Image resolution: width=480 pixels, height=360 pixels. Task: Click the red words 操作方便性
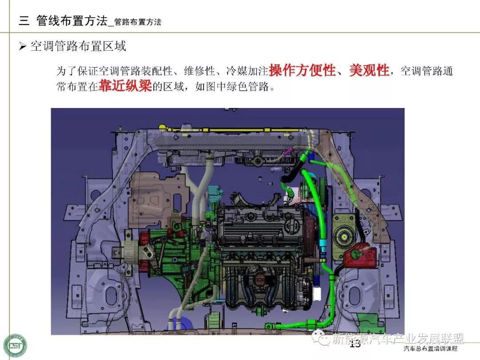(x=303, y=70)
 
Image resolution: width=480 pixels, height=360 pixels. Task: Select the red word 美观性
(x=369, y=70)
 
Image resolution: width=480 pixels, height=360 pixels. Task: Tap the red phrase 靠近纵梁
(x=125, y=86)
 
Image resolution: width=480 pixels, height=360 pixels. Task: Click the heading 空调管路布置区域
(x=78, y=46)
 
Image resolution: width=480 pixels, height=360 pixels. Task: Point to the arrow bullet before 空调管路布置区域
(x=22, y=47)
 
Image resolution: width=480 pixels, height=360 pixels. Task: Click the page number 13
(x=355, y=344)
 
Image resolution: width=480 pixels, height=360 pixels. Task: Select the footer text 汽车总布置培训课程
(x=430, y=348)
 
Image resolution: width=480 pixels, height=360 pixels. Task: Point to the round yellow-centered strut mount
(x=344, y=236)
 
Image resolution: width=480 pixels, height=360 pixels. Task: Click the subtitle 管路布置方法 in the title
(x=138, y=22)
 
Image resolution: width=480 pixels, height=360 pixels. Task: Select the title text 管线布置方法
(x=72, y=21)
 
